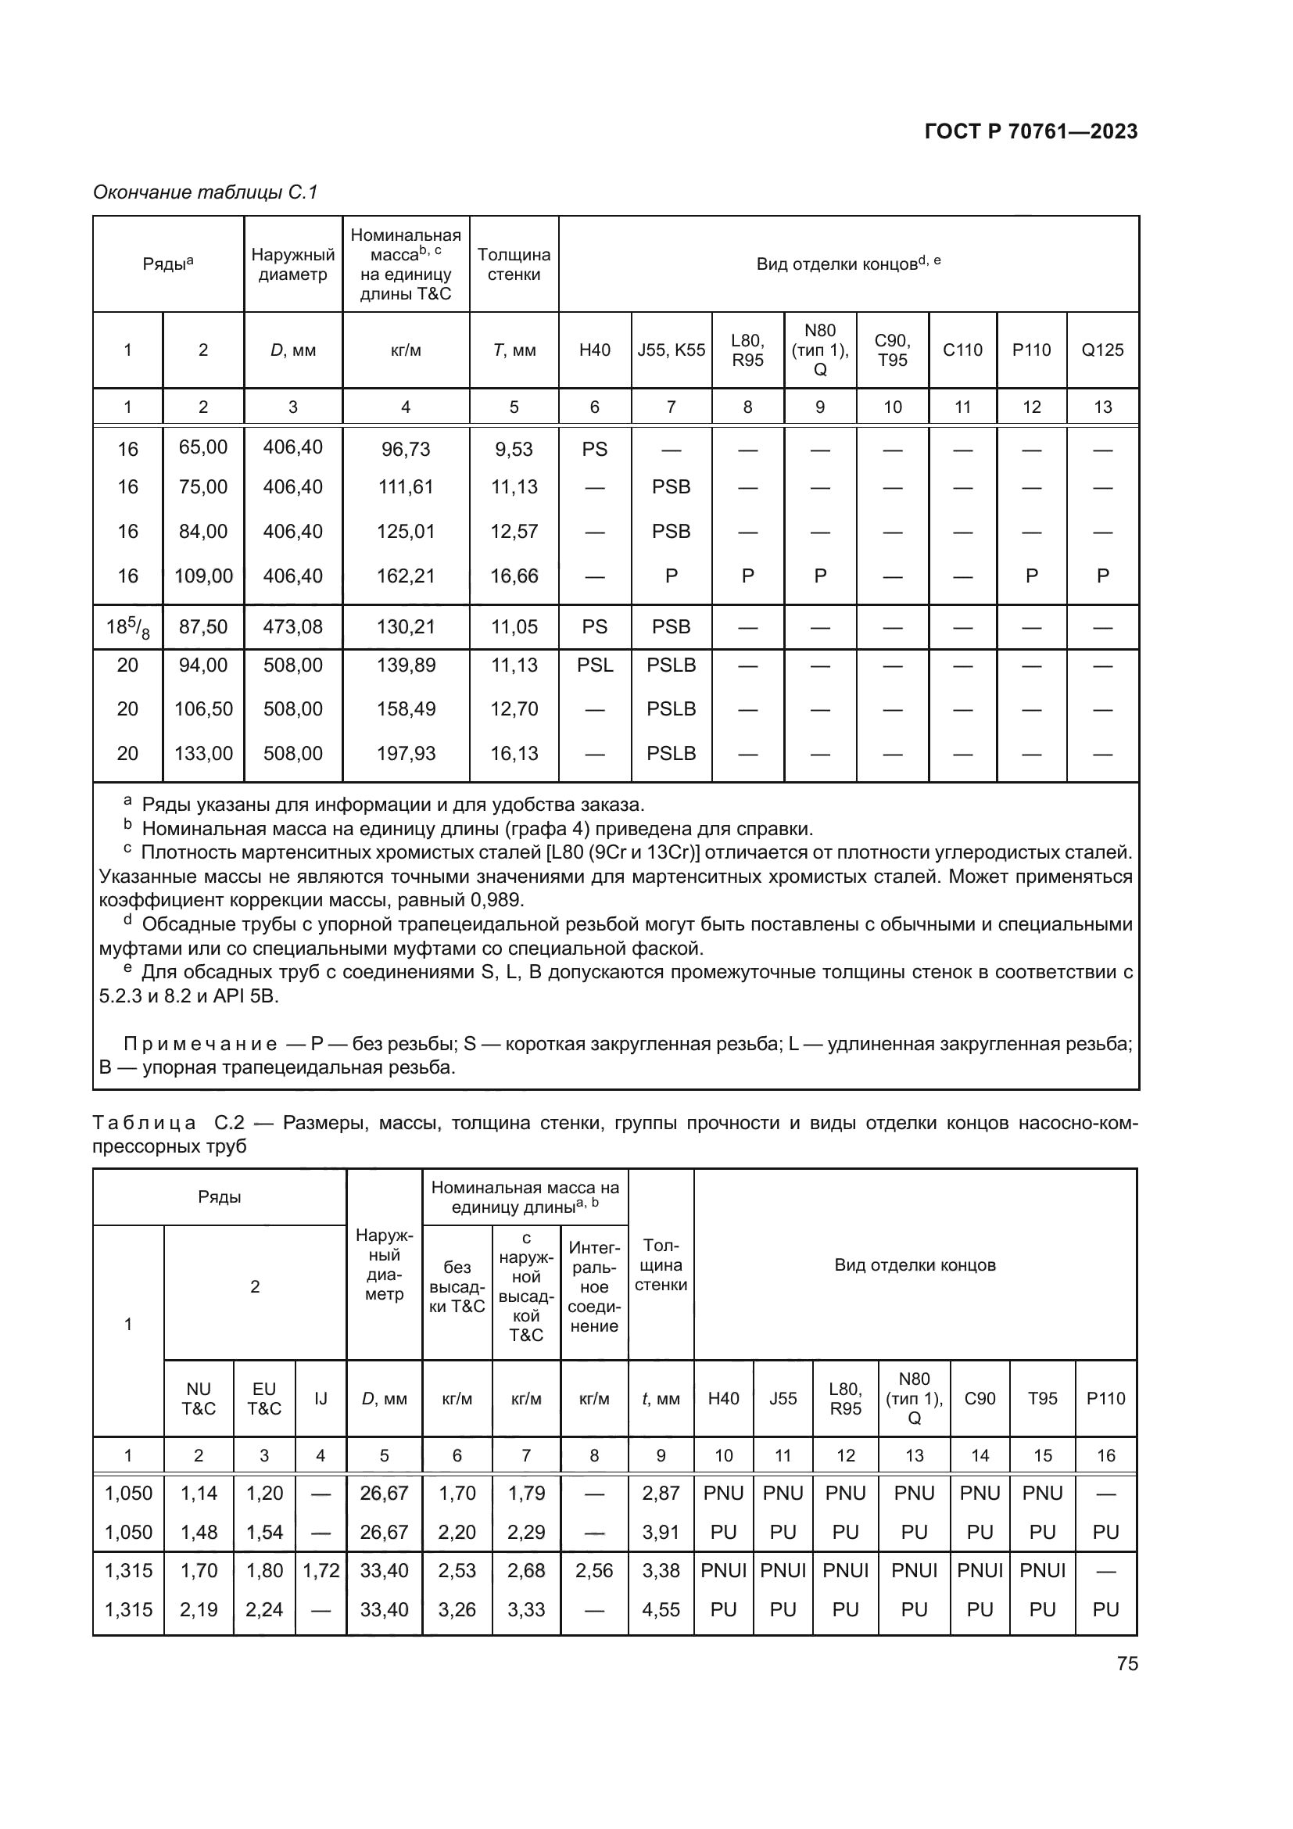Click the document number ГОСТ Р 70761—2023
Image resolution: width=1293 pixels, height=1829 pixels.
1030,132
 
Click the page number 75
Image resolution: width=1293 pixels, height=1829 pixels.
1126,1663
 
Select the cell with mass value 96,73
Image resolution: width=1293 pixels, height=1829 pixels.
405,450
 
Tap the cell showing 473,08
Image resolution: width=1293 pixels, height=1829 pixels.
292,627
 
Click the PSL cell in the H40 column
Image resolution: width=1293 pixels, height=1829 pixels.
594,665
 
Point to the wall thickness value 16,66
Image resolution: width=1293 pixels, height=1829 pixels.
514,576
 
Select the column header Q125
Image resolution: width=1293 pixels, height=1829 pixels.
1102,350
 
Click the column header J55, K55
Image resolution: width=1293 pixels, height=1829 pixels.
671,350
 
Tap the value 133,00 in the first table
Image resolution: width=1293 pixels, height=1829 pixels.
203,754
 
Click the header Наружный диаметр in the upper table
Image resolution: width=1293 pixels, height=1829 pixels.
292,264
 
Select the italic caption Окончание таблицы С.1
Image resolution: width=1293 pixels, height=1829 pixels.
206,193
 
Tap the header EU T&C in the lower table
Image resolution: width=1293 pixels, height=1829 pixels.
263,1398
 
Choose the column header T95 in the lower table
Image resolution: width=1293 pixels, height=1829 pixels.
1041,1398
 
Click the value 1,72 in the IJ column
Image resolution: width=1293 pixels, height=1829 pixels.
320,1570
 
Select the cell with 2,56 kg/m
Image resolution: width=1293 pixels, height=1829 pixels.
594,1570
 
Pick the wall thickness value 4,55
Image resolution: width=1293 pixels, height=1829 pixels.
660,1609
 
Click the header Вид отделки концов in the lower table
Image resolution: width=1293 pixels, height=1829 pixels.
914,1265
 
